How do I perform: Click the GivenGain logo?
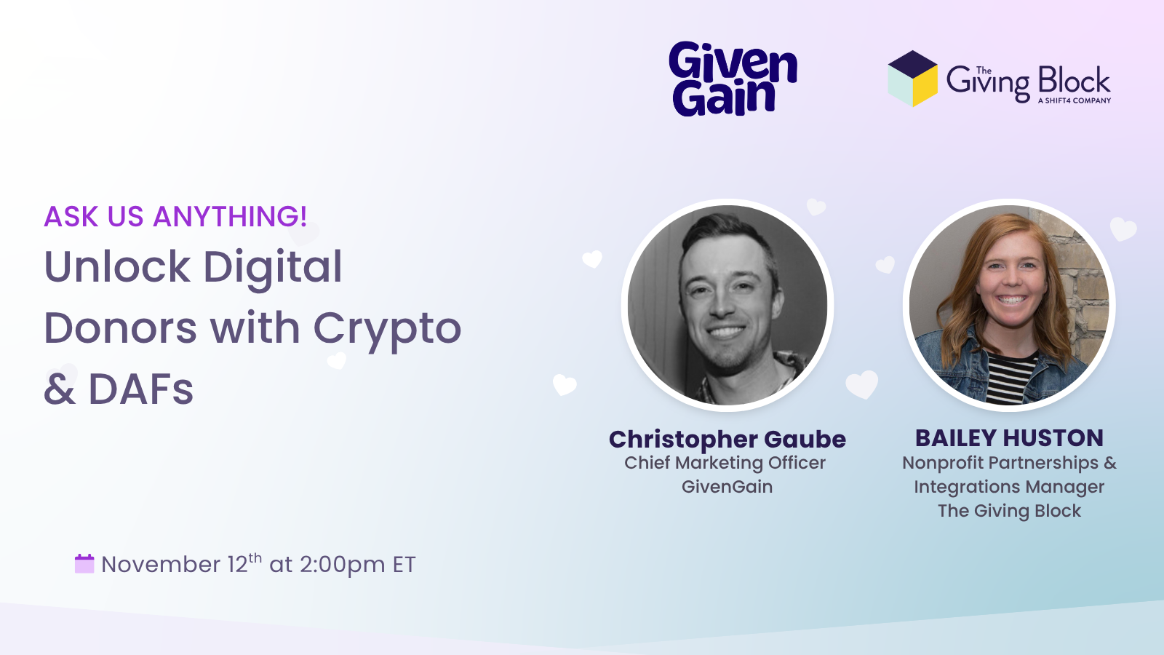coord(733,79)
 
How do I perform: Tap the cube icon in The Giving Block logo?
coord(912,79)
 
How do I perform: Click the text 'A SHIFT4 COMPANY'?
coord(1074,100)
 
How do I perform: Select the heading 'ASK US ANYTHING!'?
coord(175,216)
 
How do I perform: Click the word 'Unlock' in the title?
coord(117,266)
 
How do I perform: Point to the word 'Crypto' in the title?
coord(387,330)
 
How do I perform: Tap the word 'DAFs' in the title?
coord(141,389)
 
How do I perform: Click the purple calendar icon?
coord(84,563)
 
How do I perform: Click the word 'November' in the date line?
coord(161,565)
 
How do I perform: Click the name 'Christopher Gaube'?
coord(727,440)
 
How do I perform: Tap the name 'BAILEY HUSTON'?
coord(1009,438)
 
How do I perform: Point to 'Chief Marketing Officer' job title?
coord(725,463)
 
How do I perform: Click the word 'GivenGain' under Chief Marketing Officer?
coord(727,487)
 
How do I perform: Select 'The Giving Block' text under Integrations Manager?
coord(1009,511)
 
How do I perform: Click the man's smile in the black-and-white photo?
coord(726,332)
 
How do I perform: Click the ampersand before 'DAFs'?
coord(60,389)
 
